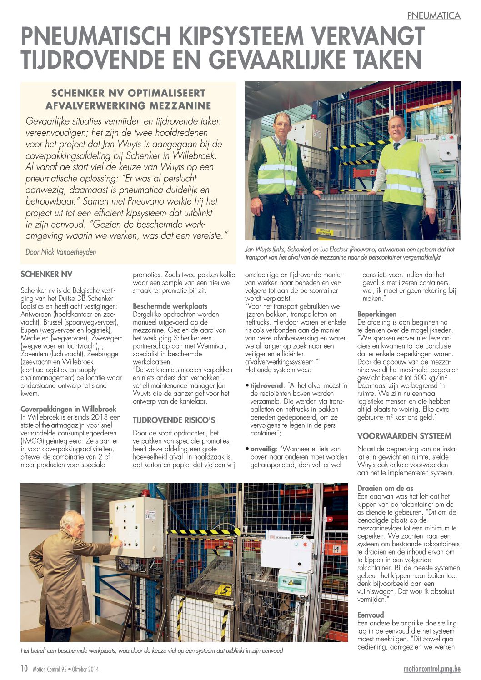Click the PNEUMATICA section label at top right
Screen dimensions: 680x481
[433, 15]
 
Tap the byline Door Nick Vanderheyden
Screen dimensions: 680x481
[61, 252]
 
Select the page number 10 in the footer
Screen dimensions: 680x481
[24, 669]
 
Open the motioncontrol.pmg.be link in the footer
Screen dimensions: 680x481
[431, 669]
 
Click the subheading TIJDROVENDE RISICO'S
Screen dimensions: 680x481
[174, 420]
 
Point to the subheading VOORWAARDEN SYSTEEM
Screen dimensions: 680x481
[404, 436]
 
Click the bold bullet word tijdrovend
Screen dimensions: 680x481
[266, 385]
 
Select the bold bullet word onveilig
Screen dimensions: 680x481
[264, 449]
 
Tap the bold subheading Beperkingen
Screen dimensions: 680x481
[377, 314]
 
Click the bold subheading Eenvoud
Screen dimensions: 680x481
[371, 615]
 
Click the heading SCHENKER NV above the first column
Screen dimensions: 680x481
[46, 274]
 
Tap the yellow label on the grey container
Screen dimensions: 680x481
[324, 232]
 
